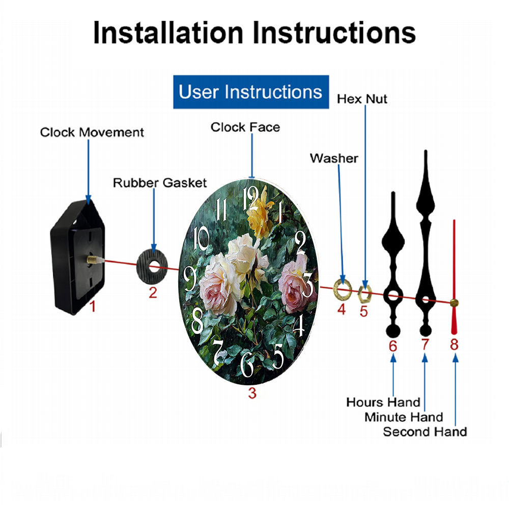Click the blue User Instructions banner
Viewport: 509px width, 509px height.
click(x=251, y=92)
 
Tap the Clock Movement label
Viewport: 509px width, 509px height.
click(x=92, y=132)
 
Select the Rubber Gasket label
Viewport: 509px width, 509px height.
click(x=160, y=183)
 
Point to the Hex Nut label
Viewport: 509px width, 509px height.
click(x=362, y=99)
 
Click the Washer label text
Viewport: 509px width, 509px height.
click(x=334, y=158)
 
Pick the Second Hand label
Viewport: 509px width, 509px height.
click(x=425, y=432)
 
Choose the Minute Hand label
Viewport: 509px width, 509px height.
click(x=404, y=417)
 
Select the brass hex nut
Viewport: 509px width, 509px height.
click(x=364, y=294)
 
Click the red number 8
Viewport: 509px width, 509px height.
click(x=454, y=345)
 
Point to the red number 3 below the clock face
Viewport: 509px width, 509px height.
click(x=252, y=393)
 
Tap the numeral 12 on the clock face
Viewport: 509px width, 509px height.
click(x=250, y=198)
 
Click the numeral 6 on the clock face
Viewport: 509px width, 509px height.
click(x=247, y=364)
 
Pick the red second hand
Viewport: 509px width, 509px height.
click(x=454, y=277)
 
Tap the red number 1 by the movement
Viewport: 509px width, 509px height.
click(x=93, y=306)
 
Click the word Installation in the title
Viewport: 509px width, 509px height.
click(x=168, y=33)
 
